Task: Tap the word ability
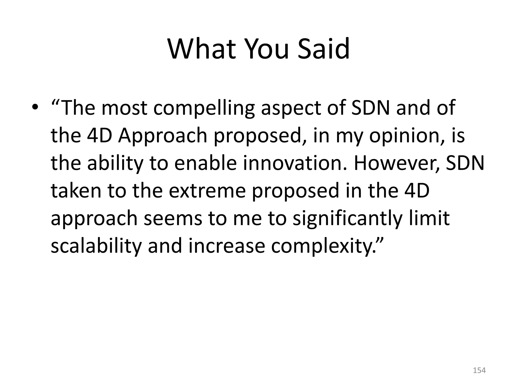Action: click(x=115, y=163)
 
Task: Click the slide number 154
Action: click(x=479, y=370)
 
